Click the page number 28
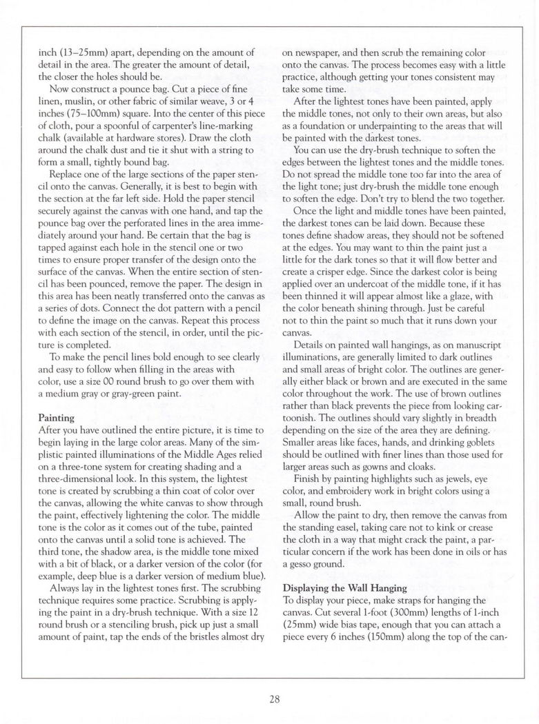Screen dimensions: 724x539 [275, 699]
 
